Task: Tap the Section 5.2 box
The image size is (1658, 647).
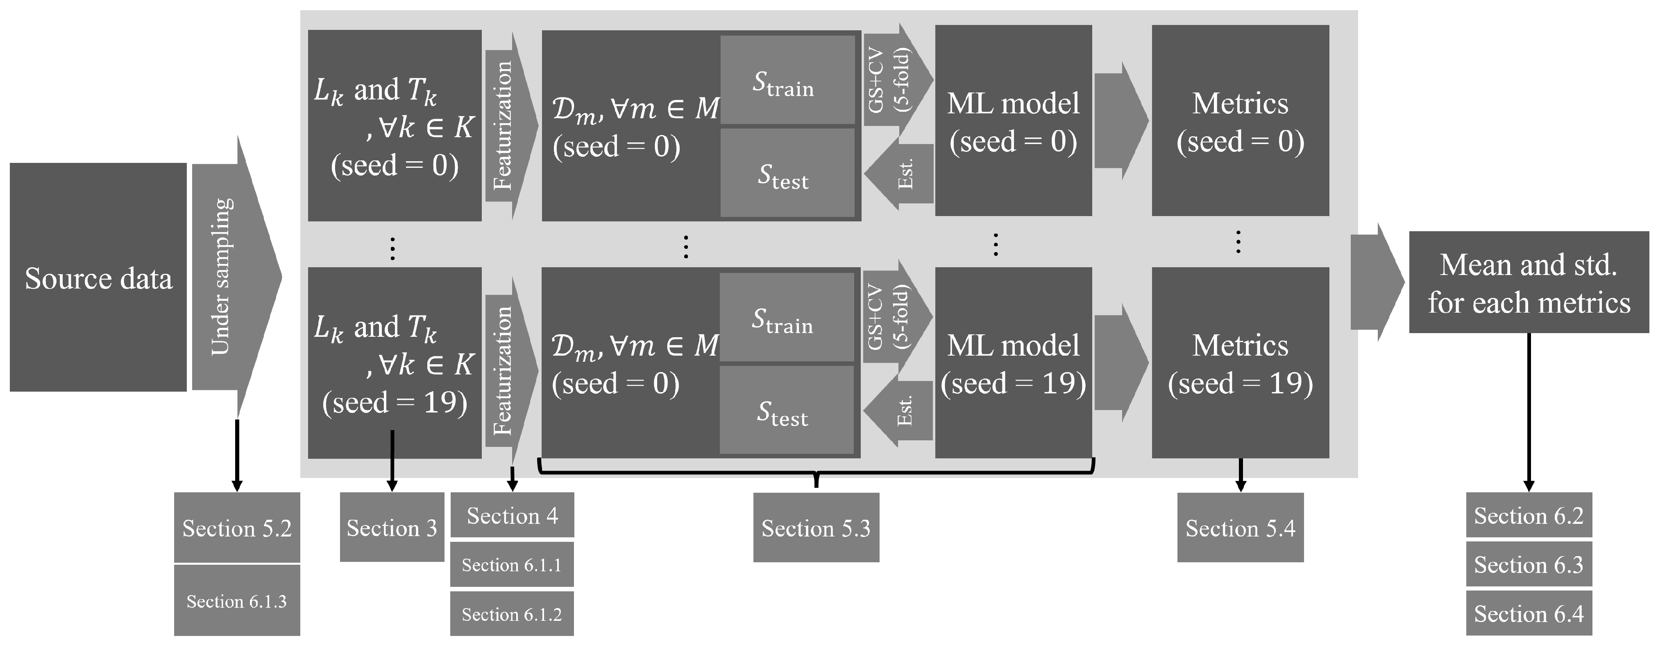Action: pyautogui.click(x=237, y=528)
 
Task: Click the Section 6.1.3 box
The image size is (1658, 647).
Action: pyautogui.click(x=237, y=601)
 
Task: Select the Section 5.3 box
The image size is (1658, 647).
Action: pyautogui.click(x=816, y=528)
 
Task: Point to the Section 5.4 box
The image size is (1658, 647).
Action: pyautogui.click(x=1240, y=528)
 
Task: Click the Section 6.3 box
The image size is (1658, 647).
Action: pyautogui.click(x=1529, y=565)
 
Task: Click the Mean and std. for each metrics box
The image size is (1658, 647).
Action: pyautogui.click(x=1529, y=283)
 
